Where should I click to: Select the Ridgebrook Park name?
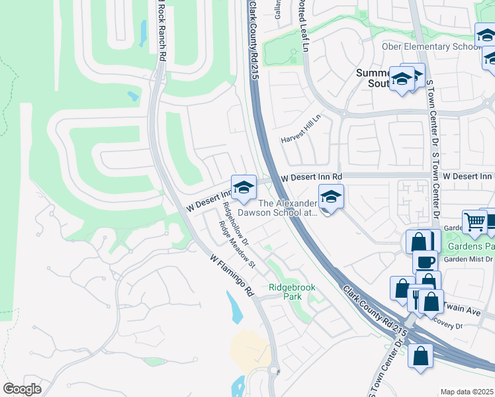click(x=292, y=292)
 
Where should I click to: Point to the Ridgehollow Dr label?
click(x=236, y=222)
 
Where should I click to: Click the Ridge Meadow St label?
click(x=237, y=244)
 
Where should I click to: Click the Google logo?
click(x=22, y=388)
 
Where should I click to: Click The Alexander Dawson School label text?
click(x=289, y=208)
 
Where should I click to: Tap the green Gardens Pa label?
click(x=471, y=246)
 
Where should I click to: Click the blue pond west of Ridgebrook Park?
click(x=234, y=304)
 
